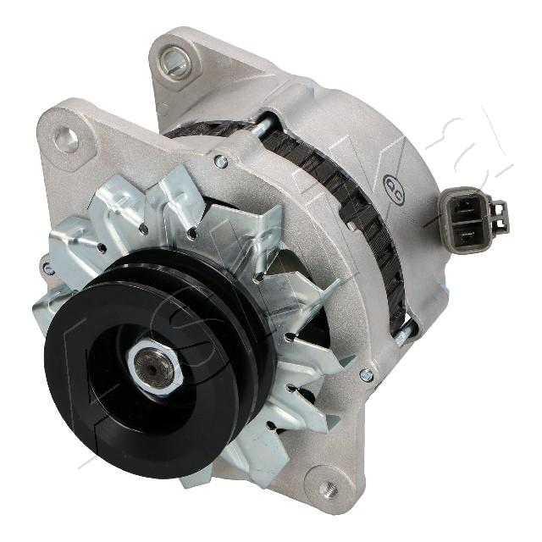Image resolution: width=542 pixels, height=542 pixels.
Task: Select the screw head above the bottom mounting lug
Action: point(366,373)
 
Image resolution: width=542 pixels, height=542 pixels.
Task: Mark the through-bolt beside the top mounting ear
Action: point(265,124)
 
